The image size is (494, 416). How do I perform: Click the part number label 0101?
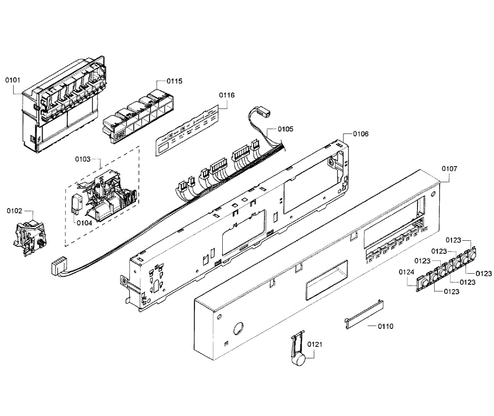12,80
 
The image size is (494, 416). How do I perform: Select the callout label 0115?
175,81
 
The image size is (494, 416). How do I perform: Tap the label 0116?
226,95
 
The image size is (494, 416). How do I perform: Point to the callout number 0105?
285,129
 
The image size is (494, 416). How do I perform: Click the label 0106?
361,134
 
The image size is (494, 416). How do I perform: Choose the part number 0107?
449,169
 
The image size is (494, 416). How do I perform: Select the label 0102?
14,211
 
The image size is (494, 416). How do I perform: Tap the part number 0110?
385,326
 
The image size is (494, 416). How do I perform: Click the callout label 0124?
406,272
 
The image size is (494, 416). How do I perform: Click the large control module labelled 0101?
62,107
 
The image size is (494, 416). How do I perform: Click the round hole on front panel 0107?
238,328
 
